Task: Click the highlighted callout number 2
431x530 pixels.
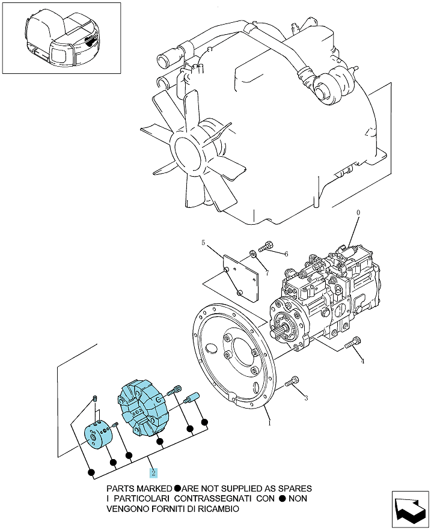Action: [x=153, y=472]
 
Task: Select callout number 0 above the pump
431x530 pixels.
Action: [x=358, y=213]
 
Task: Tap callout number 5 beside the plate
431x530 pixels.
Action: [x=203, y=242]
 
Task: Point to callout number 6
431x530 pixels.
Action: [x=286, y=254]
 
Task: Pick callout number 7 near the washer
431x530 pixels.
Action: [x=267, y=273]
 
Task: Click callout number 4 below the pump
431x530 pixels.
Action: [x=362, y=361]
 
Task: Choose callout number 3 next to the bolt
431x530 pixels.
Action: [x=306, y=398]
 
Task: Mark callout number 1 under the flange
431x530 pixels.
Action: [x=269, y=422]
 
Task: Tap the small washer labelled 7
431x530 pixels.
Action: [x=252, y=254]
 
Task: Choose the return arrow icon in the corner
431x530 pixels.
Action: [x=410, y=510]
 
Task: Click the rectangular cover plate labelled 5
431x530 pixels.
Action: [x=240, y=278]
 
